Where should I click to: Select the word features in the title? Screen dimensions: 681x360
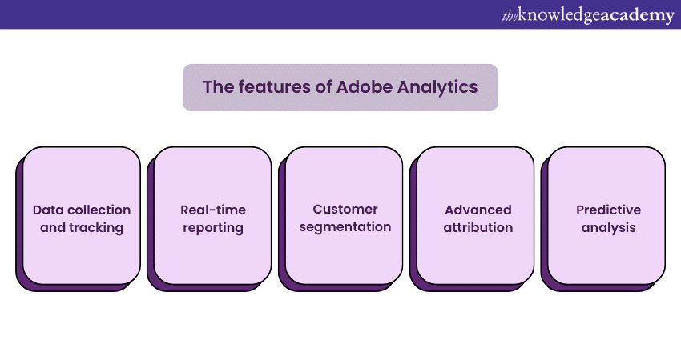274,86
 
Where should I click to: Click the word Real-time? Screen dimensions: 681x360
213,210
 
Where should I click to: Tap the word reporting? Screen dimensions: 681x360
213,228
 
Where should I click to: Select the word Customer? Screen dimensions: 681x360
345,209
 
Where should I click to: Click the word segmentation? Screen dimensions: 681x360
345,227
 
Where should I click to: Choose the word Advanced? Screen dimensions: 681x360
478,210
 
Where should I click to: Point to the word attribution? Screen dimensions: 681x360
478,227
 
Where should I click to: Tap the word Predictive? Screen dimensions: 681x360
608,210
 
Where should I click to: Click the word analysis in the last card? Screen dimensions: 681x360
608,228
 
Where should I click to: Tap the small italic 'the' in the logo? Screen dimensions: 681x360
510,17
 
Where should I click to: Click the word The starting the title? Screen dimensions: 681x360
219,86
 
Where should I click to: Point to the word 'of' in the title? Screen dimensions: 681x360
324,86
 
